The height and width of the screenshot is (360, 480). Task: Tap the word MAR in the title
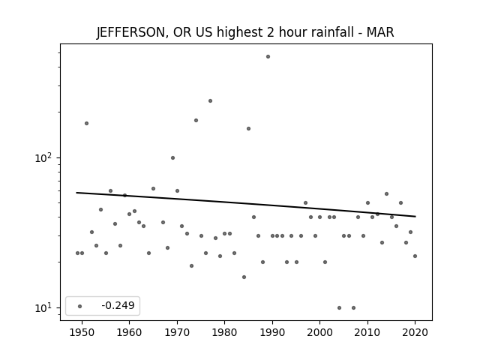click(x=380, y=32)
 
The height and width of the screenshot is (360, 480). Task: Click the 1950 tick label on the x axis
click(x=82, y=332)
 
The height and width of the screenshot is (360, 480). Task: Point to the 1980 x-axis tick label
click(x=225, y=332)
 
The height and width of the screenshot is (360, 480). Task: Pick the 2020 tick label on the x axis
click(x=415, y=332)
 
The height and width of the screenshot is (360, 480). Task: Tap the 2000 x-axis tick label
click(x=320, y=332)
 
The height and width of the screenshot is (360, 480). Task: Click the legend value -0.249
click(x=118, y=305)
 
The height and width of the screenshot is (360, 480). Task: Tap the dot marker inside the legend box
click(x=80, y=306)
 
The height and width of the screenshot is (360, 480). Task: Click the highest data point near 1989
click(x=268, y=57)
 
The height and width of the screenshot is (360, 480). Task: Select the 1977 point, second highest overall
click(x=210, y=101)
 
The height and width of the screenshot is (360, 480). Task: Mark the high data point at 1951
click(x=87, y=123)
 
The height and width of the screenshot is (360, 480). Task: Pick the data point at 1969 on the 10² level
click(x=173, y=158)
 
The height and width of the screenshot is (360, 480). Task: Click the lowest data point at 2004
click(x=339, y=308)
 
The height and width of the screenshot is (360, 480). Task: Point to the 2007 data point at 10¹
click(x=353, y=308)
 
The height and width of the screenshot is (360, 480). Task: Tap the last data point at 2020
click(x=415, y=256)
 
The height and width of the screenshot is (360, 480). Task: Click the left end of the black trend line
click(x=76, y=193)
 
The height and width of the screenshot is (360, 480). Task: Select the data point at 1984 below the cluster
click(x=244, y=277)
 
